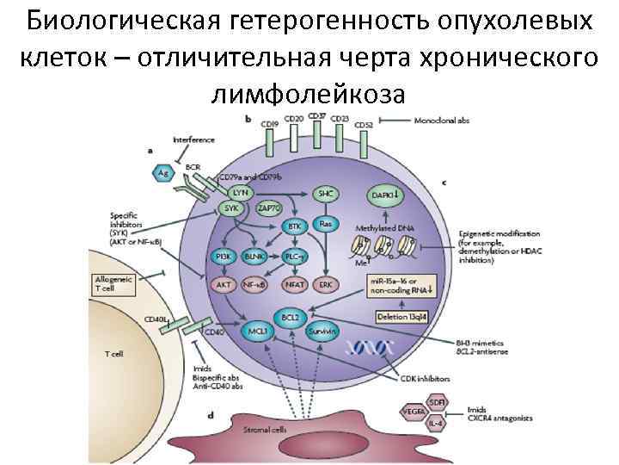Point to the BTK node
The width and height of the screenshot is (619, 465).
pyautogui.click(x=294, y=226)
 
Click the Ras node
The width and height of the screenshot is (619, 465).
pyautogui.click(x=326, y=223)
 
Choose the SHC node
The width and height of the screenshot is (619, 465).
pyautogui.click(x=326, y=194)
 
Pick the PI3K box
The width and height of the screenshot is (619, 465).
pyautogui.click(x=221, y=256)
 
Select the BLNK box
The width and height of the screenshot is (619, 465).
pyautogui.click(x=254, y=256)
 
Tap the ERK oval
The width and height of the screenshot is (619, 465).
pyautogui.click(x=326, y=282)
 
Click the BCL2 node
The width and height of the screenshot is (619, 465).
pyautogui.click(x=290, y=317)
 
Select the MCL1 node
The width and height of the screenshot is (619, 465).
pyautogui.click(x=258, y=331)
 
